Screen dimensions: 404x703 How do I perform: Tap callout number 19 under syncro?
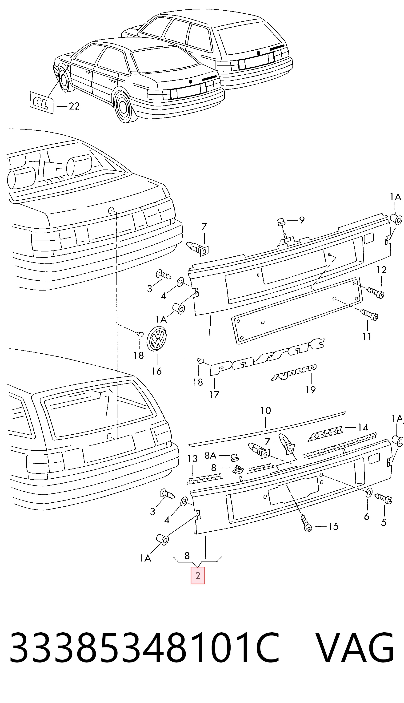[311, 390]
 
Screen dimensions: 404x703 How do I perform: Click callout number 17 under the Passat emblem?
[214, 394]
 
